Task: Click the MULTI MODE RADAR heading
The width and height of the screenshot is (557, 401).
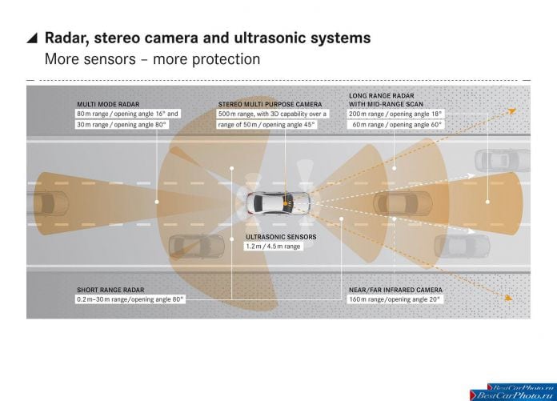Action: point(108,104)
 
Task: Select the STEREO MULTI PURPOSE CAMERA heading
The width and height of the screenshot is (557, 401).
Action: point(270,104)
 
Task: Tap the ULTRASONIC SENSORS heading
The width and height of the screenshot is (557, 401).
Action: point(281,237)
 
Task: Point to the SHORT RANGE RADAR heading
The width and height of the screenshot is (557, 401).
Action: point(110,290)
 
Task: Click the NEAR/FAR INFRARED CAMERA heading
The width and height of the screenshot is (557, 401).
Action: point(395,290)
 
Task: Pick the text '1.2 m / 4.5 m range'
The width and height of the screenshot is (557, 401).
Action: point(273,247)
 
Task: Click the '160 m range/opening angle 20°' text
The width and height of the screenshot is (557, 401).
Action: point(395,299)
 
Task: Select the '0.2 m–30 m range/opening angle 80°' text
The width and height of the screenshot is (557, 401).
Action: point(130,299)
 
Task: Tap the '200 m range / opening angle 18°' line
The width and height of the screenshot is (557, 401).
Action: point(395,114)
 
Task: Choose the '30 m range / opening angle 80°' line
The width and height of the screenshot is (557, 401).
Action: point(122,125)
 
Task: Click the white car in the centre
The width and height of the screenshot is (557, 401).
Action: point(278,203)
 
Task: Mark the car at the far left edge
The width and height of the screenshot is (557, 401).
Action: point(47,203)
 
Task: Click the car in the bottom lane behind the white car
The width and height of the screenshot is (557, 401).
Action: point(196,246)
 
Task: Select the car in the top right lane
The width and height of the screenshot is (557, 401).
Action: point(503,161)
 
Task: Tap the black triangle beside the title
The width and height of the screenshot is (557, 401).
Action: point(33,38)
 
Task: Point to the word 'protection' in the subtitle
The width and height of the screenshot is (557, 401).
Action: point(226,59)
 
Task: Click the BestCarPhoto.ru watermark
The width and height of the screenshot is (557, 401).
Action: point(513,392)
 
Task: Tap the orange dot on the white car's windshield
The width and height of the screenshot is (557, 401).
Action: point(285,203)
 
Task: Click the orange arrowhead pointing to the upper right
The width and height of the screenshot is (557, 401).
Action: point(512,111)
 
